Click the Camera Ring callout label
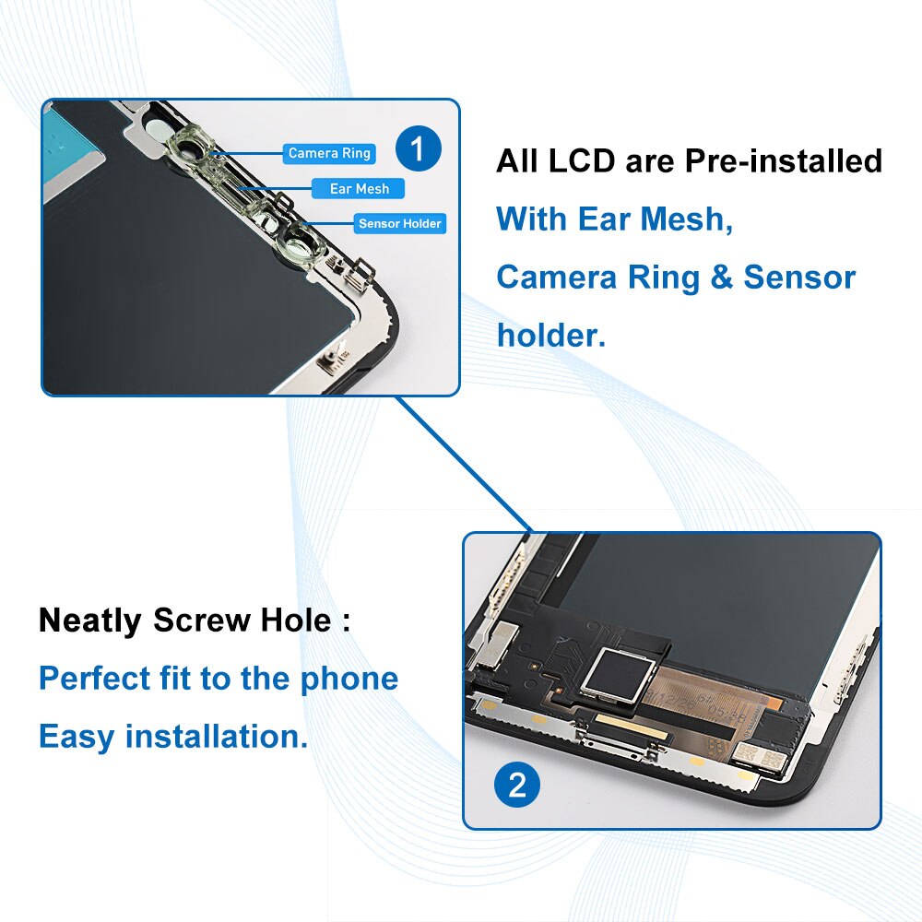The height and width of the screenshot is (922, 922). pos(328,153)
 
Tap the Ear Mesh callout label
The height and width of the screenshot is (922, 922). pos(359,188)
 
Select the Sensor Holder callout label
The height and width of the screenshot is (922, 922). pos(400,223)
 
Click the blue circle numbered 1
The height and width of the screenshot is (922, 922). pos(418,149)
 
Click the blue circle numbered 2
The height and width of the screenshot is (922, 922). pos(516,786)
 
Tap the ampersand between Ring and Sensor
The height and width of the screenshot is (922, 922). pos(721,278)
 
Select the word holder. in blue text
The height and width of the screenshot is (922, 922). pos(550,335)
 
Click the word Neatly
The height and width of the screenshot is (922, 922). pos(89,621)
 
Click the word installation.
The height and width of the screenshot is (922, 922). pos(217,737)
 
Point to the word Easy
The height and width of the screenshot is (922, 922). pos(77,738)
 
